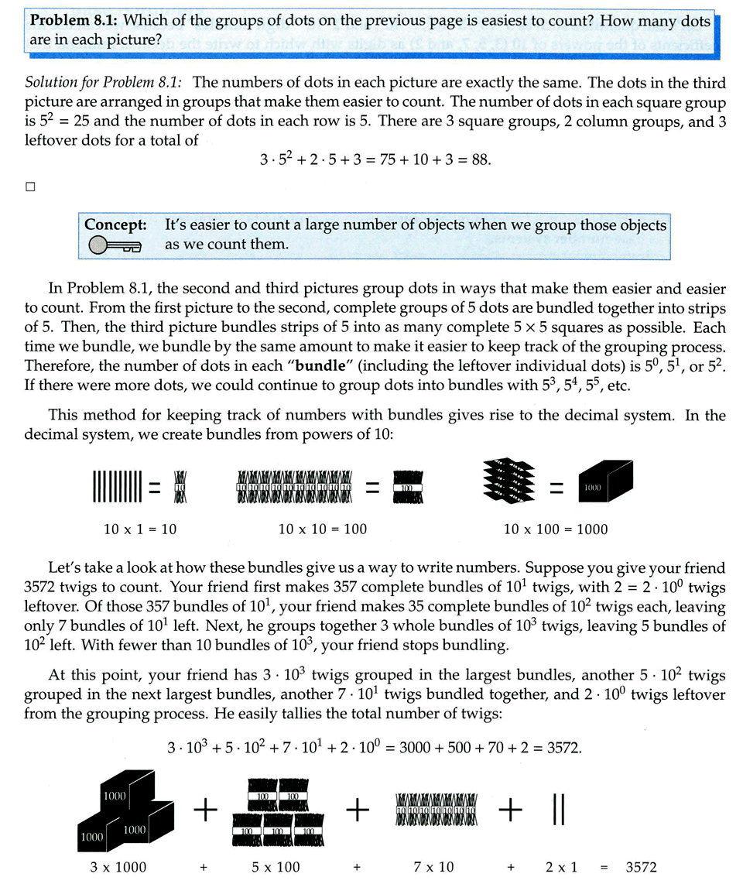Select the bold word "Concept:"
tap(115, 224)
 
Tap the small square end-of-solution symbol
tap(30, 186)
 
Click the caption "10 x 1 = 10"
tap(140, 529)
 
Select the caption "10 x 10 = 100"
tap(323, 529)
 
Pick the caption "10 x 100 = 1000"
tap(556, 529)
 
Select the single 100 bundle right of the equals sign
tap(406, 488)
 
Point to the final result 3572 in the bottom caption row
tap(641, 867)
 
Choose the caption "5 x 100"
tap(276, 867)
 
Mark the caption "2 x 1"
tap(560, 867)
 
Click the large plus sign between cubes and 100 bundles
tap(205, 810)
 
